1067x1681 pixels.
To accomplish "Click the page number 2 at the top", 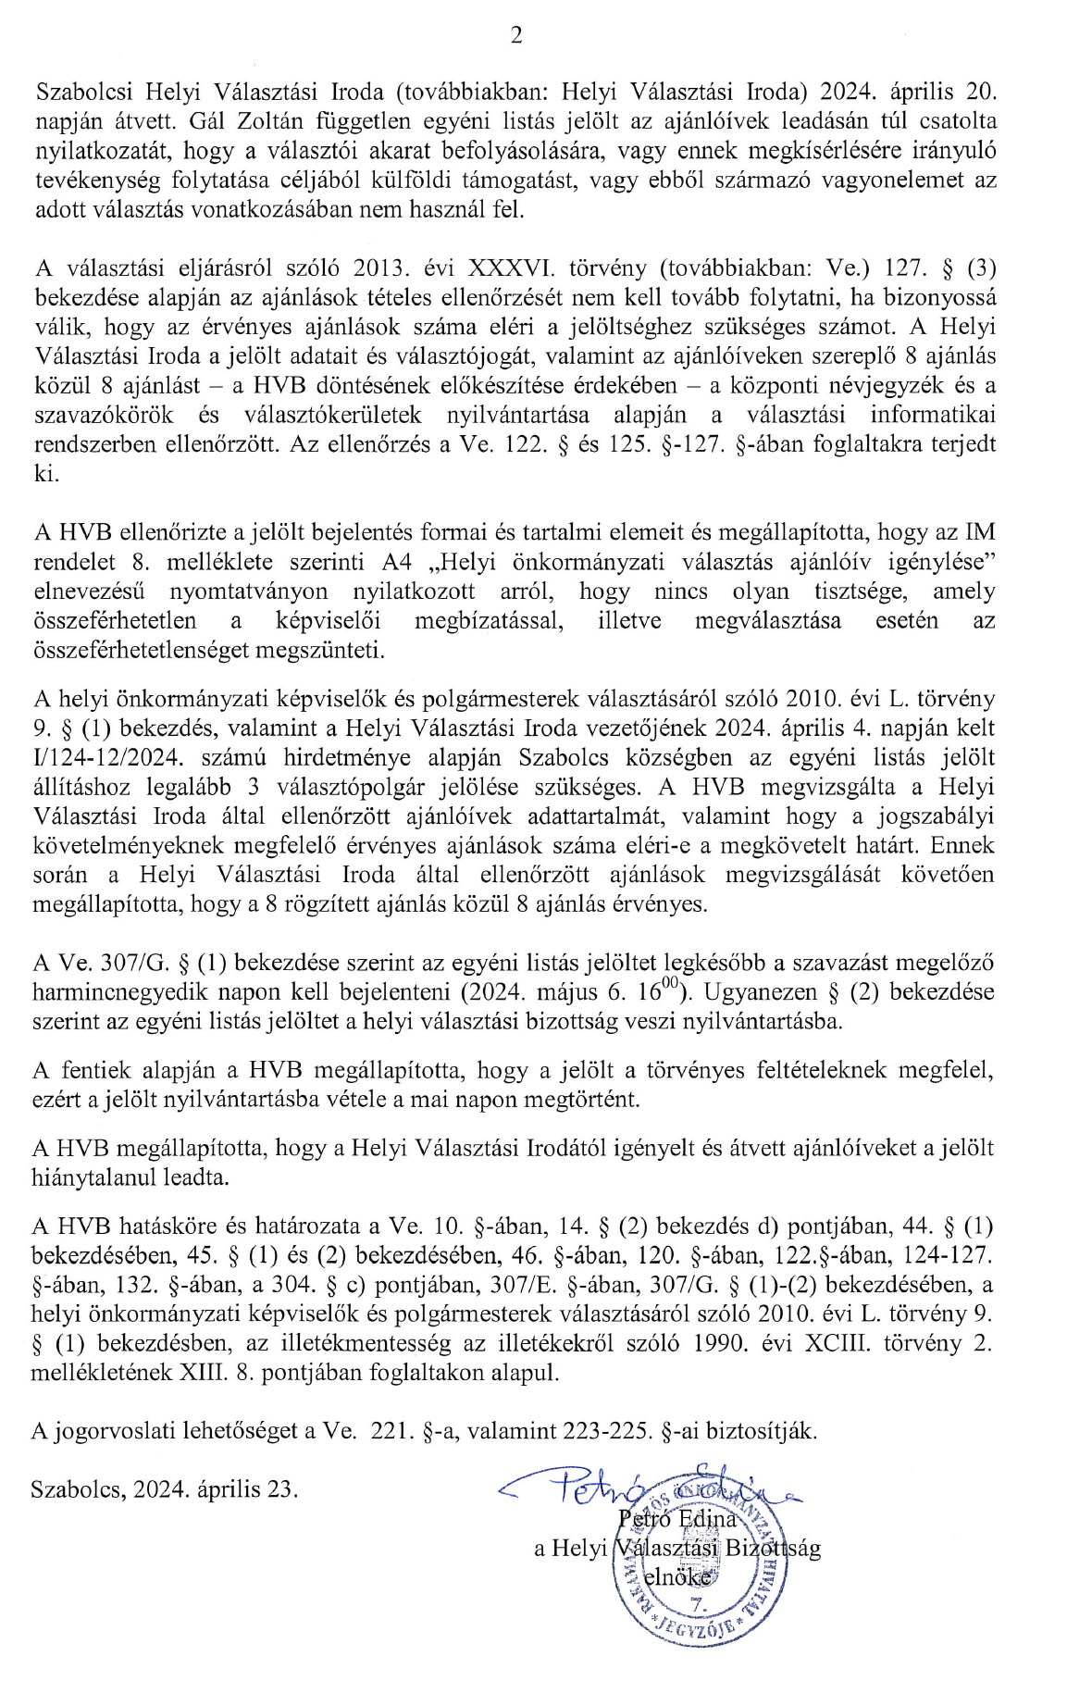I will [516, 36].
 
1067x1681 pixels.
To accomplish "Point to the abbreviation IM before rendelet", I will [980, 532].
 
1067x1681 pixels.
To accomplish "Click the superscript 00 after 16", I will [675, 986].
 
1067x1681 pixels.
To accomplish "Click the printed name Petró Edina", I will [676, 1519].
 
